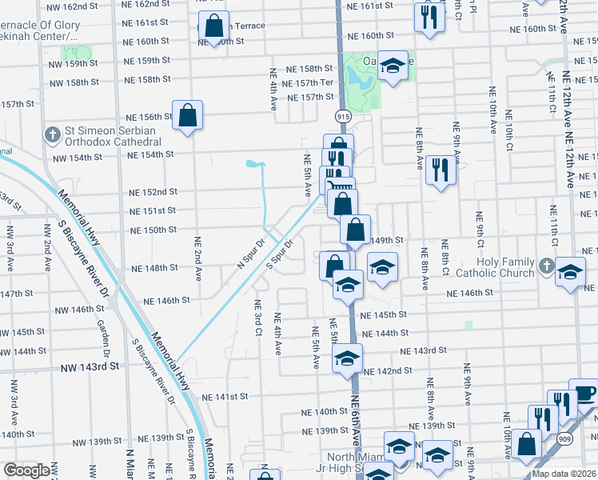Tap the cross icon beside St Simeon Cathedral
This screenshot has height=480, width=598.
pos(53,133)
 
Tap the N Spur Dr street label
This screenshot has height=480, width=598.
pos(250,254)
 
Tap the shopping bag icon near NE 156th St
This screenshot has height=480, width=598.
pos(187,115)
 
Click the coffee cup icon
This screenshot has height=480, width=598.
pos(585,394)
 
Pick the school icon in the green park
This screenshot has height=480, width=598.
pos(392,66)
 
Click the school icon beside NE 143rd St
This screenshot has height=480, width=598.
pos(347,358)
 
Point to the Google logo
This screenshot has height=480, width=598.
pos(27,470)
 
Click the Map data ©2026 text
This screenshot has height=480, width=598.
pos(564,473)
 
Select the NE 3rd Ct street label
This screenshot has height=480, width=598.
pos(257,318)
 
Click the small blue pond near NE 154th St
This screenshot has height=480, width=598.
pos(255,165)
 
